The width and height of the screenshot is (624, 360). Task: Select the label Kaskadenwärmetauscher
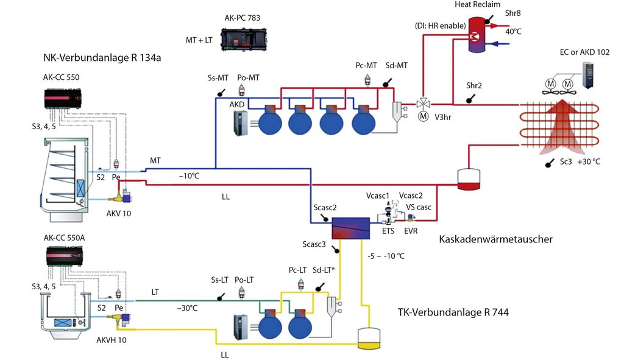click(495, 239)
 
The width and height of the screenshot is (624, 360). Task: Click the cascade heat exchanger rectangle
click(350, 228)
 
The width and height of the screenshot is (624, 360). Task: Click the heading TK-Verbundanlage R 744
click(453, 312)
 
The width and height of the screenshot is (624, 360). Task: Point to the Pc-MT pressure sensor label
click(367, 65)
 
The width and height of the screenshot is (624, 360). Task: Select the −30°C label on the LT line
click(187, 308)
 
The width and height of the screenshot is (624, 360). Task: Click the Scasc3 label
click(314, 244)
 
